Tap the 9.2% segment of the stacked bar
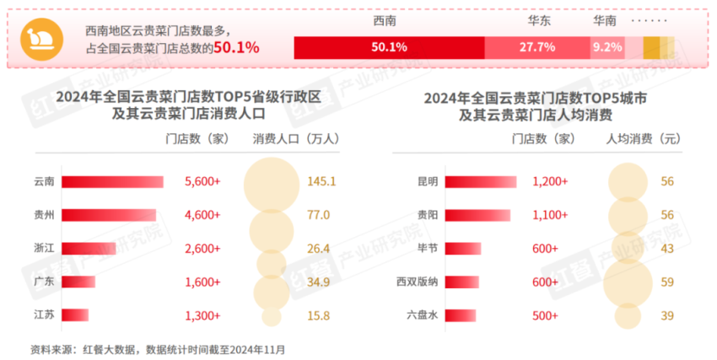tap(606, 47)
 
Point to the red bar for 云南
tap(113, 181)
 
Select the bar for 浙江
tap(88, 248)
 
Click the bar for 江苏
tap(76, 314)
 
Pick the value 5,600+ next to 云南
tap(202, 181)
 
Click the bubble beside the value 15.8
tap(271, 315)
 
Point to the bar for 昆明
tap(480, 181)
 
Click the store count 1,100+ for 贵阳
tap(550, 215)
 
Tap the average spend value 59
tap(667, 282)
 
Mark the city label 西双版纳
tap(418, 282)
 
